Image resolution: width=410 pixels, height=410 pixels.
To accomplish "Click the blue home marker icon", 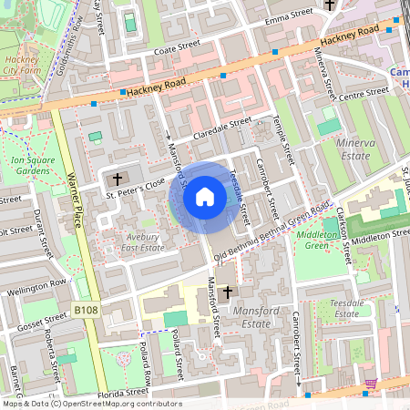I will click(x=205, y=196).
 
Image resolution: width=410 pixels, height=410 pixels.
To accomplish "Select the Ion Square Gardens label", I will click(x=29, y=164).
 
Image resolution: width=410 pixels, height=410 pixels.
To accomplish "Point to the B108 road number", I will click(x=86, y=311).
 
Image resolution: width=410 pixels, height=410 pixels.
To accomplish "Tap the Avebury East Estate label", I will click(x=143, y=241).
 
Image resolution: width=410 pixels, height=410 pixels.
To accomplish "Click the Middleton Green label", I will click(x=317, y=240).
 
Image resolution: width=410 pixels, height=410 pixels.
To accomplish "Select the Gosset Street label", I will click(x=43, y=319).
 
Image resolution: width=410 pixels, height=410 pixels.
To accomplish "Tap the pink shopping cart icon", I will click(x=370, y=384).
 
